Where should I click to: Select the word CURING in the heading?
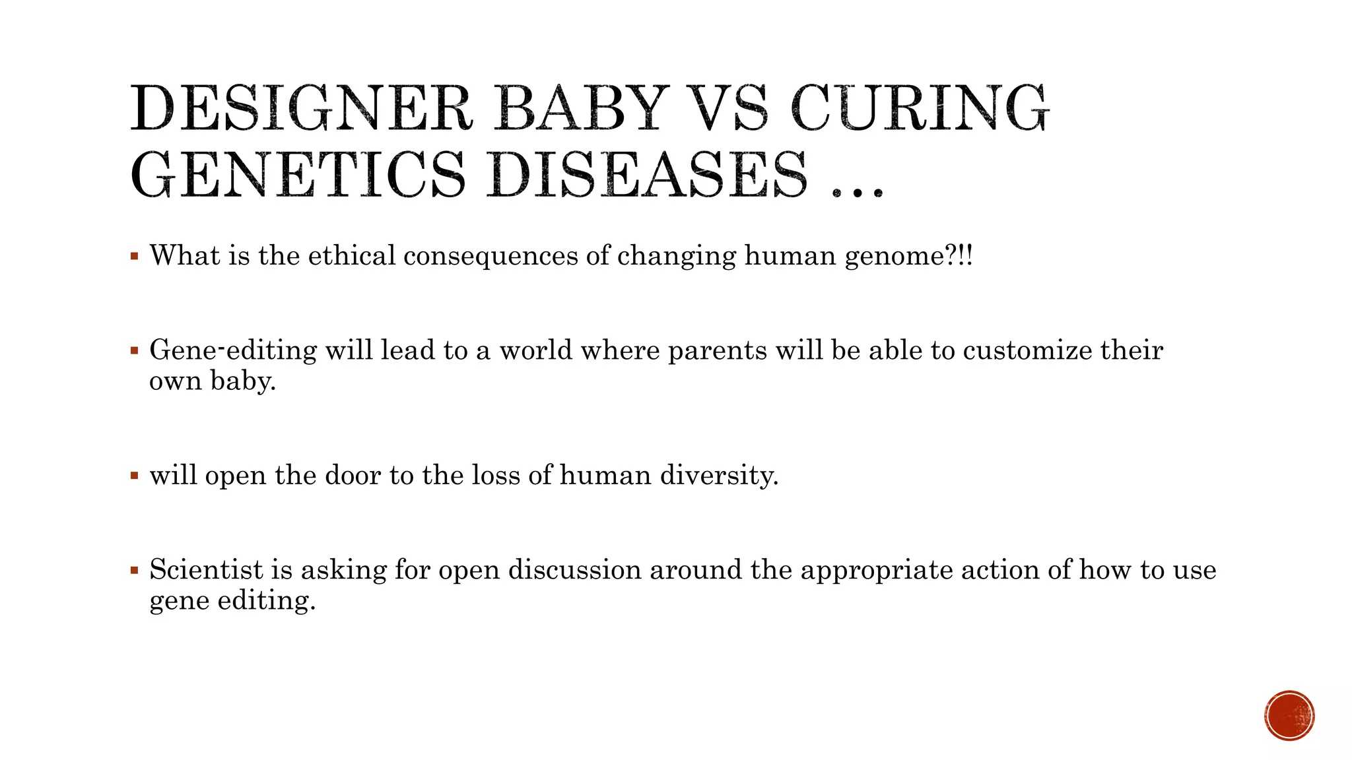[920, 109]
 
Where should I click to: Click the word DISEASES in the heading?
[648, 175]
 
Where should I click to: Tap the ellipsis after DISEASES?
[857, 192]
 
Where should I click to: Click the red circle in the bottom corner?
[1289, 716]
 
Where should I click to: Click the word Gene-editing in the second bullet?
[233, 350]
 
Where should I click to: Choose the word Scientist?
[207, 569]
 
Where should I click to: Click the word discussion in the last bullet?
[574, 569]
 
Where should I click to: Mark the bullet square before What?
[135, 256]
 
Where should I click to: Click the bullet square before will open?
[135, 475]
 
